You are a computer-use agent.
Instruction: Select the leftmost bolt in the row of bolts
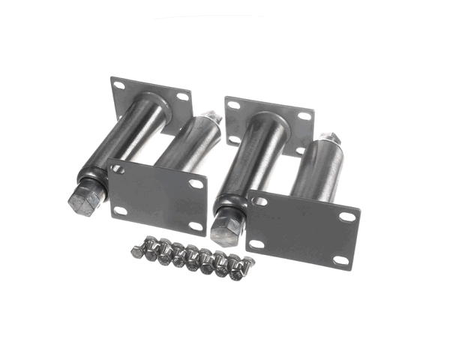coord(139,251)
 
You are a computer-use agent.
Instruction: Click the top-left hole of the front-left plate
coord(118,170)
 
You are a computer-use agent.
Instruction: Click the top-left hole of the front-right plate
coord(258,201)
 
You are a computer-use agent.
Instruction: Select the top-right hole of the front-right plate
coord(346,217)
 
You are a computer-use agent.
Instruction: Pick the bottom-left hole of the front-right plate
coord(257,244)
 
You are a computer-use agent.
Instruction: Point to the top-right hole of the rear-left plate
coord(182,97)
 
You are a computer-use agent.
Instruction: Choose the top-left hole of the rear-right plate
coord(234,105)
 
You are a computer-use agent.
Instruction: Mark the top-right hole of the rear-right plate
coord(303,116)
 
